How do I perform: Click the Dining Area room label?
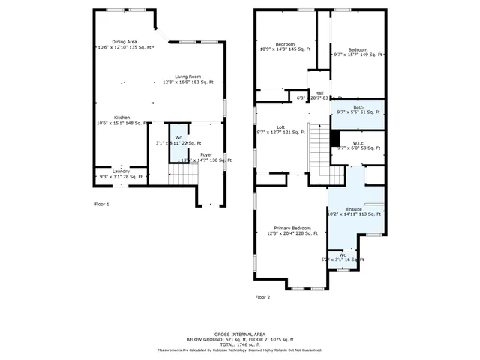[x=124, y=42]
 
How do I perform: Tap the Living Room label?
[x=188, y=76]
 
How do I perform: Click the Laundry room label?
[x=121, y=171]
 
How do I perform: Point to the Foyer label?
[x=205, y=154]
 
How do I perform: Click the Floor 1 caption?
[x=101, y=204]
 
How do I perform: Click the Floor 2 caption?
[x=262, y=297]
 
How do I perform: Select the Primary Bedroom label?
[x=292, y=228]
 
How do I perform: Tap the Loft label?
[x=280, y=127]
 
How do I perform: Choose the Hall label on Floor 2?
[x=319, y=93]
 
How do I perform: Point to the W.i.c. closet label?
[x=358, y=143]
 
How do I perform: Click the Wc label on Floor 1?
[x=178, y=138]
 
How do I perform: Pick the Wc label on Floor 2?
[x=342, y=254]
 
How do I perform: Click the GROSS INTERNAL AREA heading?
[x=240, y=334]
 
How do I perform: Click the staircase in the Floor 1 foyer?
[x=183, y=175]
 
